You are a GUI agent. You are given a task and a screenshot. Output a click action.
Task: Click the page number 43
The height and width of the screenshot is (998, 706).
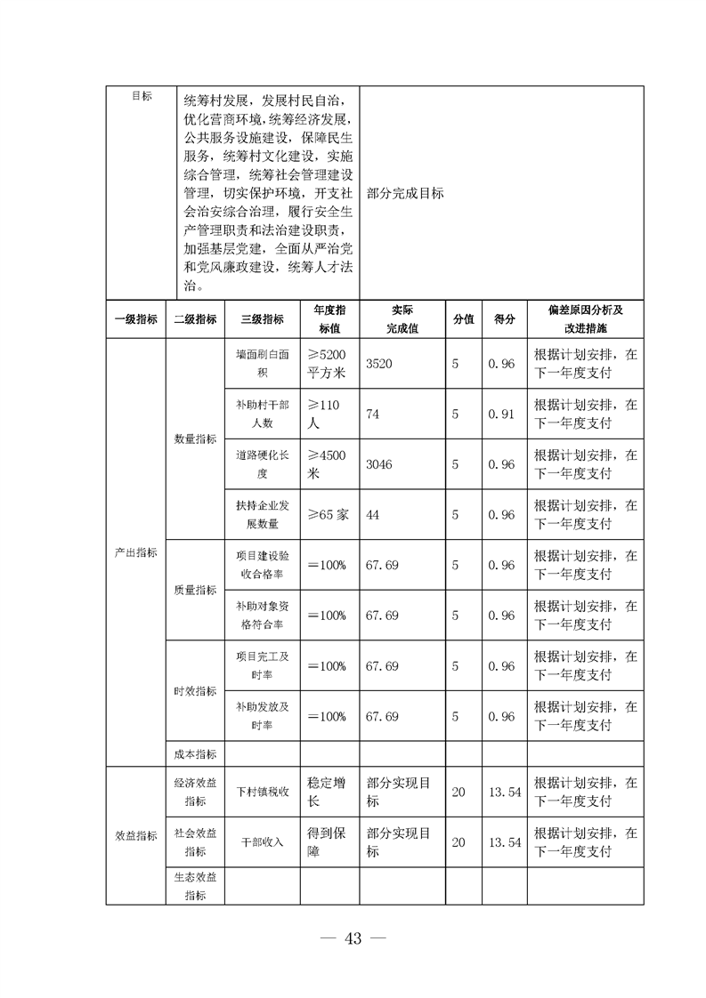coord(353,939)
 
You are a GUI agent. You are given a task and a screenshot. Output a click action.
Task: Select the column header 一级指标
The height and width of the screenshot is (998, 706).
coord(136,319)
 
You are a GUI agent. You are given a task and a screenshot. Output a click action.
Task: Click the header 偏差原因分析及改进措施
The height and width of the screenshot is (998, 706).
coord(585,318)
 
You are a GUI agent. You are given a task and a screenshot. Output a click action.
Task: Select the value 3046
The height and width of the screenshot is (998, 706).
coord(379,464)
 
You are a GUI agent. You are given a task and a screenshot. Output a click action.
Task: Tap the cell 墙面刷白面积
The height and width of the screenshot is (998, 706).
coord(263,363)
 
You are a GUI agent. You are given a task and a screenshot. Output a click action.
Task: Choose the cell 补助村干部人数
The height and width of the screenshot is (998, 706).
coord(263,414)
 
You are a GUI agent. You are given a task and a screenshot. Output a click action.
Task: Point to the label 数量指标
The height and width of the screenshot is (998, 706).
coord(195,439)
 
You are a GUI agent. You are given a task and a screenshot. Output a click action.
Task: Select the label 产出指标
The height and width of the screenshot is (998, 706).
coord(136,552)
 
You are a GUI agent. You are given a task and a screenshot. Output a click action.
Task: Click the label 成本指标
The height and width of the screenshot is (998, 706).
coord(195,753)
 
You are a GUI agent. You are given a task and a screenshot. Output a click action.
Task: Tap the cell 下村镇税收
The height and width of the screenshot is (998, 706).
coord(263,792)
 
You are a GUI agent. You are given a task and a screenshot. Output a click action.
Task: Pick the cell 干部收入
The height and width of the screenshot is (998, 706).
coord(263,841)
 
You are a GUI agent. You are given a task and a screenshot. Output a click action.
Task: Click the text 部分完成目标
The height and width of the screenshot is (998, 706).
coord(405,193)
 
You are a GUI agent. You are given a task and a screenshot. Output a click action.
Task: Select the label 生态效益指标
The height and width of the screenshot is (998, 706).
coord(195,886)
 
